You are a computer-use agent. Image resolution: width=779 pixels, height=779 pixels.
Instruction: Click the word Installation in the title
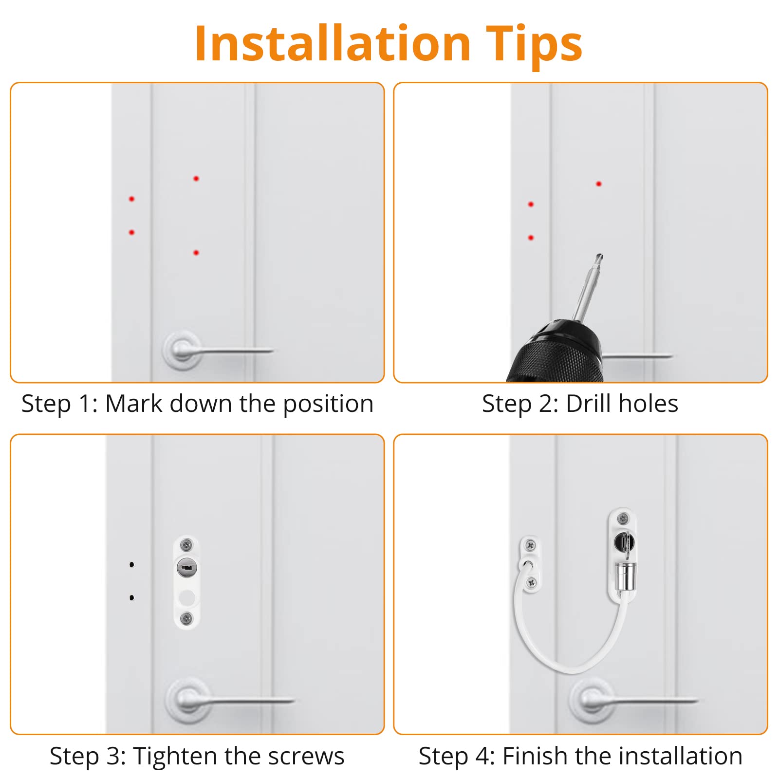click(x=333, y=44)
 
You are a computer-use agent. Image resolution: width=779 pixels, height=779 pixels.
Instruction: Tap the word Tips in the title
click(x=534, y=45)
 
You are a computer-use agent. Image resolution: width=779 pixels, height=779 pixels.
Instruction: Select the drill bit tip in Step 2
click(x=599, y=257)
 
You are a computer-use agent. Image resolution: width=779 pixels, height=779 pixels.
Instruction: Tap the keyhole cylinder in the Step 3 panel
click(x=187, y=568)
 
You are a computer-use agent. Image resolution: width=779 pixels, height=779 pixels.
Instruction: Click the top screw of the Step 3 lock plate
click(x=186, y=545)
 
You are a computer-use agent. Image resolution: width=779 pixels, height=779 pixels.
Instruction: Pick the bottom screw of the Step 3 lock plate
click(x=186, y=618)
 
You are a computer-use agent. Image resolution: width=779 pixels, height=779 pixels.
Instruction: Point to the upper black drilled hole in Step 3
click(x=131, y=565)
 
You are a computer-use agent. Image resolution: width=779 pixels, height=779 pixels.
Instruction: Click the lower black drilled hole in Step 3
click(x=131, y=597)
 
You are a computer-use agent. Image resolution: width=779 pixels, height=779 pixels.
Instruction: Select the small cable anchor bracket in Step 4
click(x=531, y=564)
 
